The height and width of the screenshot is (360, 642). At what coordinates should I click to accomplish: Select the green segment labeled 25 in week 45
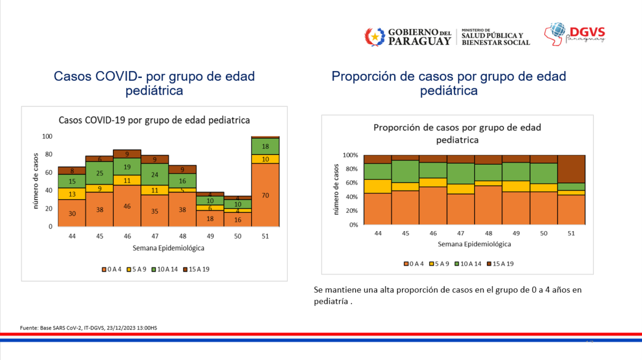pos(100,173)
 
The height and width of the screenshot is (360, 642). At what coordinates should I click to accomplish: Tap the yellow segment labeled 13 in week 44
pos(72,194)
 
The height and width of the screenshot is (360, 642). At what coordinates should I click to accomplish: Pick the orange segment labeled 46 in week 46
pos(127,205)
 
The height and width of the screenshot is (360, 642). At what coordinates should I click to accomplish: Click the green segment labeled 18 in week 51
pos(265,146)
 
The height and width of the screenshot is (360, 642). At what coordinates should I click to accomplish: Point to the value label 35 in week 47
pos(155,211)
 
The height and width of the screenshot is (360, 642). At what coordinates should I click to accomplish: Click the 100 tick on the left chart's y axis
pos(47,137)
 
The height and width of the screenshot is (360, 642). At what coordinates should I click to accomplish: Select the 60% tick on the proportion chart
pos(350,183)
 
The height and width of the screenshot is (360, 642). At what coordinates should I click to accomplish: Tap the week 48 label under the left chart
pos(182,236)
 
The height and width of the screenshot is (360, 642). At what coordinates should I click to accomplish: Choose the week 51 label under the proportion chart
pos(571,233)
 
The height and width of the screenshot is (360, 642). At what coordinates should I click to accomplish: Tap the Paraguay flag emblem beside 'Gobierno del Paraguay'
pos(375,36)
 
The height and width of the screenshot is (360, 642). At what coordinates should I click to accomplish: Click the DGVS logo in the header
pos(576,33)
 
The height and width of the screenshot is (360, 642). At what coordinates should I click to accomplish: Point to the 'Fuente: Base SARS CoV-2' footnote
pos(88,327)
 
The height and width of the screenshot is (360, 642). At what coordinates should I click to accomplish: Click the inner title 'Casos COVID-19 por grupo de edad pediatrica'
pos(154,120)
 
